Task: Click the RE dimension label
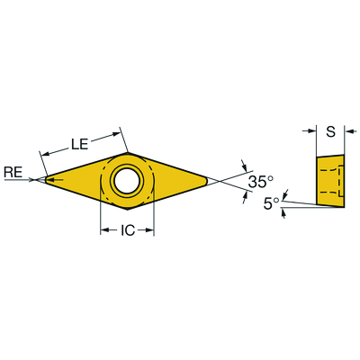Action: coord(13,171)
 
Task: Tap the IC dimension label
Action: coord(127,231)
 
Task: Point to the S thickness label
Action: coord(330,131)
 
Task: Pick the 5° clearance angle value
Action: coord(271,204)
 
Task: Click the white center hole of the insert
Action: coord(127,180)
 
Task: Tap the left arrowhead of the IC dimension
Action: coord(103,231)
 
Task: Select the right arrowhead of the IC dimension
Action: coord(150,231)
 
